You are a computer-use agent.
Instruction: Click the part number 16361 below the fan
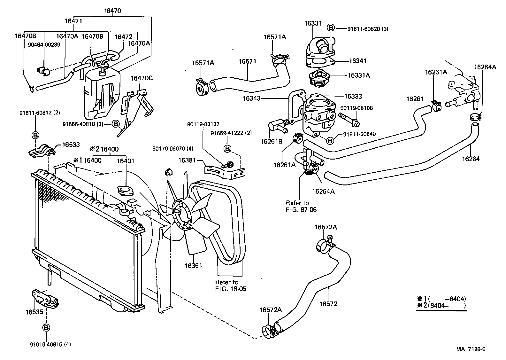point(193,265)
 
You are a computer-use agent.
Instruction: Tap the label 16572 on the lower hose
point(328,304)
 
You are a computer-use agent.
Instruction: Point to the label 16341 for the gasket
point(357,61)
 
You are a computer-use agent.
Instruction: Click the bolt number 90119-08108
point(356,108)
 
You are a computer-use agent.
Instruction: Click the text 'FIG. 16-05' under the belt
point(229,289)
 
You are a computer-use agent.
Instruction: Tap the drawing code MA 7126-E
point(471,349)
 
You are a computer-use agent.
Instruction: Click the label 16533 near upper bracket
point(71,145)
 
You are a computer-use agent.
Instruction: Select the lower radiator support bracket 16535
point(45,298)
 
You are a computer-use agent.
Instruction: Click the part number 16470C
point(142,77)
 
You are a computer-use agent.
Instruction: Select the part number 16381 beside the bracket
point(187,160)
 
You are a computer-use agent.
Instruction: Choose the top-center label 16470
point(112,10)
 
